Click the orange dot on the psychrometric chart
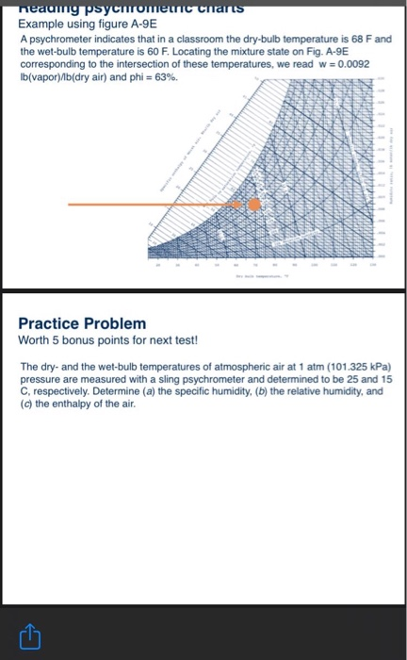[253, 205]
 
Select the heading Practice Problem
[83, 323]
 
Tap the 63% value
[165, 76]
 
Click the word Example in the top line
[41, 27]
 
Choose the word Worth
[33, 339]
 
